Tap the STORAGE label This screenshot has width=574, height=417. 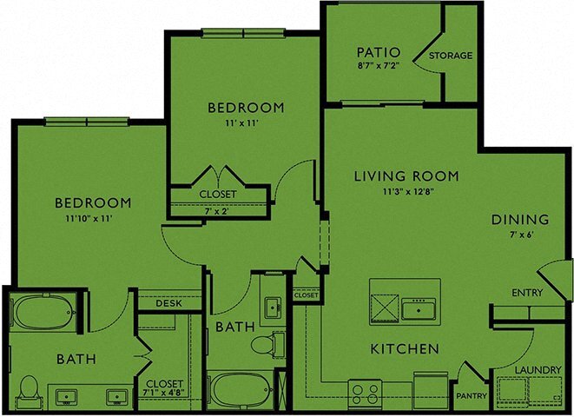click(x=452, y=56)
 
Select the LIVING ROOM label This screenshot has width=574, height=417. click(x=406, y=176)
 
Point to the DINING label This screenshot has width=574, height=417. click(x=519, y=219)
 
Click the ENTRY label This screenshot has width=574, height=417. click(x=527, y=293)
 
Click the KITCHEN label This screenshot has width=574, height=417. click(x=404, y=349)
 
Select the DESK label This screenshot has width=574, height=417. click(x=168, y=304)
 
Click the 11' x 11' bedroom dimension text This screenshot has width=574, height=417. click(x=246, y=124)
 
